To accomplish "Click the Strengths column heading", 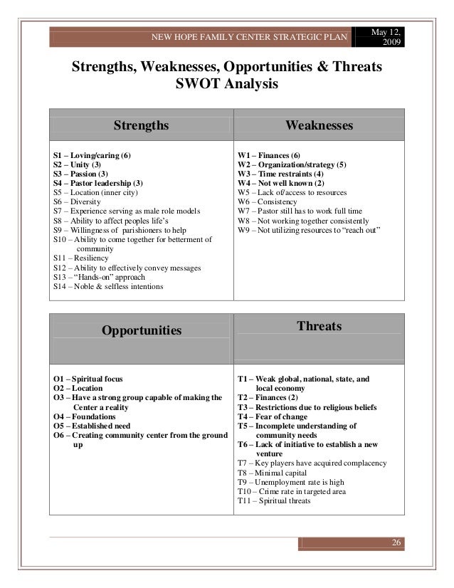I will point(142,126).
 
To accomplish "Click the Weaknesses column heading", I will point(319,126).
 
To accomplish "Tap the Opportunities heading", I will point(142,330).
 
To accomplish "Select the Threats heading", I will point(319,327).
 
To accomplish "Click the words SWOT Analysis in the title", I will point(224,86).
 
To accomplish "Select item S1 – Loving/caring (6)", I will point(92,154).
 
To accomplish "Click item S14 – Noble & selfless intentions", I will point(108,287).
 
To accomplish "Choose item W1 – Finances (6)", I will point(269,154).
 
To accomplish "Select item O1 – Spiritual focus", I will point(93,379).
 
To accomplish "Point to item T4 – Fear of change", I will point(273,417).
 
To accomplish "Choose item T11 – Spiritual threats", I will point(274,500).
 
